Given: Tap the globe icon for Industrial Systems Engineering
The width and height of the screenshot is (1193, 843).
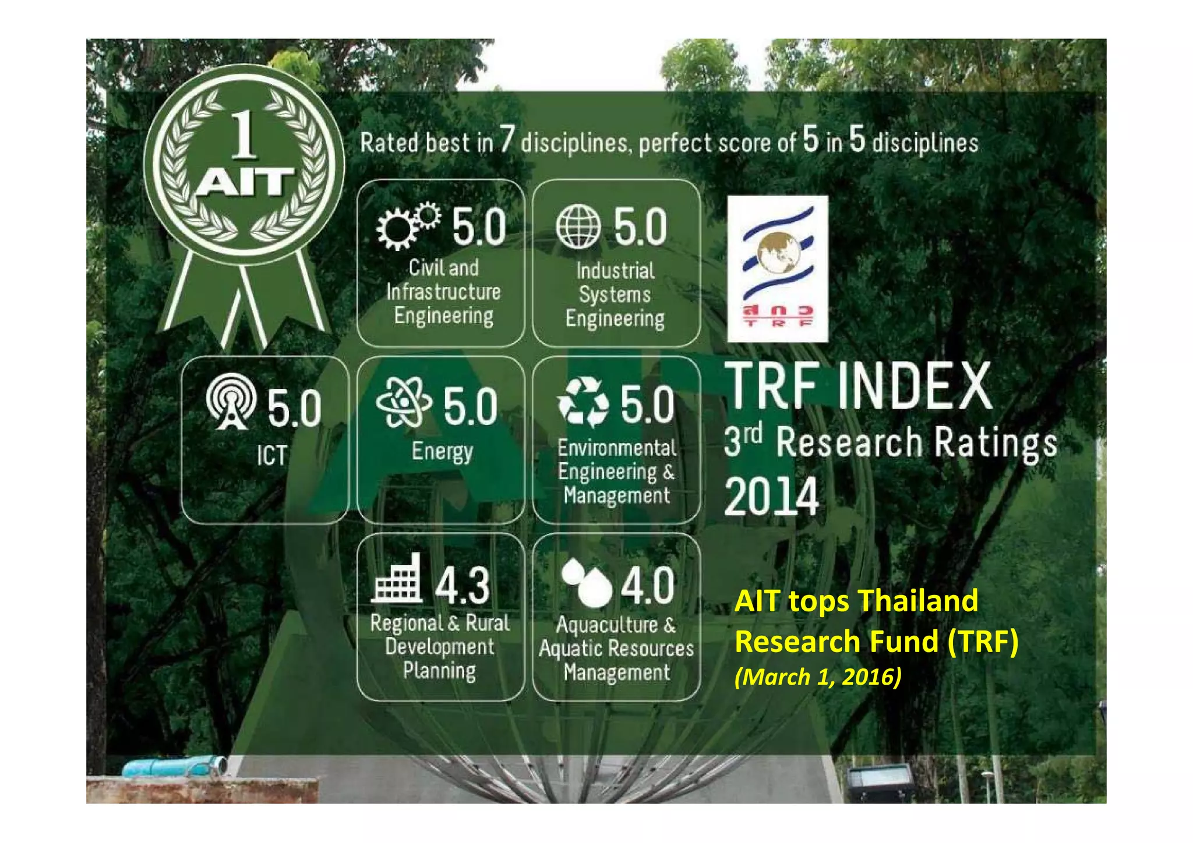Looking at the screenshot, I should click(578, 226).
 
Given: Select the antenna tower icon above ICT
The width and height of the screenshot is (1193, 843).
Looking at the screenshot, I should click(231, 401).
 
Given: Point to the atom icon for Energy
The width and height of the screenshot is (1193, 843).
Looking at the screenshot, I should click(404, 401).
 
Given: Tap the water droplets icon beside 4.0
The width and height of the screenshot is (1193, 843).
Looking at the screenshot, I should click(586, 582).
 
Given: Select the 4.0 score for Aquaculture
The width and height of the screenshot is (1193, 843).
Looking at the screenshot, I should click(647, 585).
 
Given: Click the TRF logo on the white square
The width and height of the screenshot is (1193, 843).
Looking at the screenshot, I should click(778, 268).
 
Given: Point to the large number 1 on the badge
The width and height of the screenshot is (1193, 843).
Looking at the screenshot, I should click(243, 135).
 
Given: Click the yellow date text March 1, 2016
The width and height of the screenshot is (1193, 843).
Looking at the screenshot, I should click(818, 676).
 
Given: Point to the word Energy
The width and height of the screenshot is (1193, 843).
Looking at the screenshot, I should click(442, 452).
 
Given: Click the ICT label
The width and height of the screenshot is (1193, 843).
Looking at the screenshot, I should click(272, 455).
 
